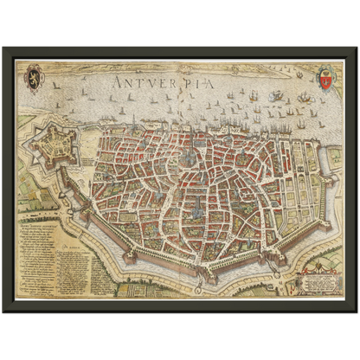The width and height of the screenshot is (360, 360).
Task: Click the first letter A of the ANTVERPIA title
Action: coord(117,83)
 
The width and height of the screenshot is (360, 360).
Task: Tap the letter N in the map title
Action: coord(128,83)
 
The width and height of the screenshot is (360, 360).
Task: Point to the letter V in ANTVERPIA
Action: coord(150,83)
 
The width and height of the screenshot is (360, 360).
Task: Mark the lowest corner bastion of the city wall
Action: coord(205,277)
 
